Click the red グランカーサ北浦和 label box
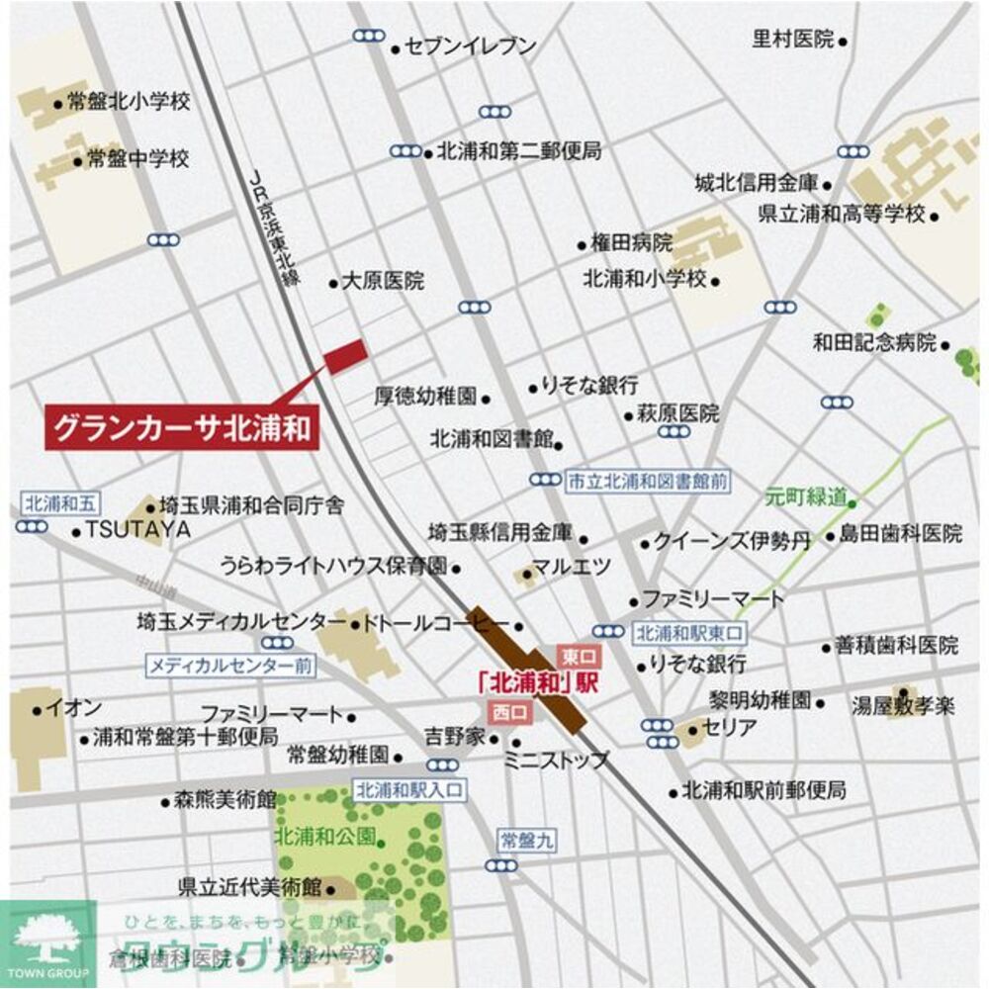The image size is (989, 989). click(182, 429)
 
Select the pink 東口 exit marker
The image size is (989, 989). click(576, 656)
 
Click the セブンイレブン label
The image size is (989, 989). click(471, 46)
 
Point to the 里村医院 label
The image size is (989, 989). click(793, 40)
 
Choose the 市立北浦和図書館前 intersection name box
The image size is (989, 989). click(648, 482)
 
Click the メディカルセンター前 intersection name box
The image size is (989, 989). click(230, 666)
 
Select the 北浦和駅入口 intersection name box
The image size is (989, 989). click(409, 789)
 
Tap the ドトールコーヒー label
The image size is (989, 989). click(435, 624)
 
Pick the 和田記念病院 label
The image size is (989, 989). click(874, 343)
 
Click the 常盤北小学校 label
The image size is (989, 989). click(129, 101)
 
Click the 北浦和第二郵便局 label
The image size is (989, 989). click(518, 151)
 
